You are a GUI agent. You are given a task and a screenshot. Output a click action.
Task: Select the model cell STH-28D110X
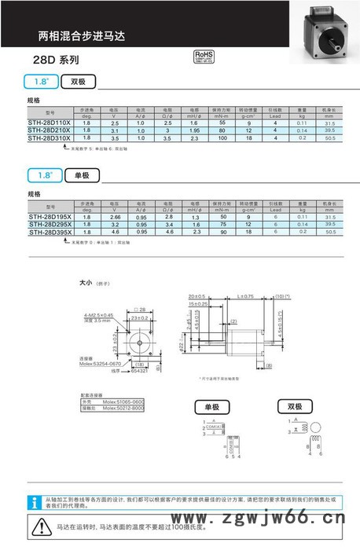coord(50,123)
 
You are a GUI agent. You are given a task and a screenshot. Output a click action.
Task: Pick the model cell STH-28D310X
coord(50,137)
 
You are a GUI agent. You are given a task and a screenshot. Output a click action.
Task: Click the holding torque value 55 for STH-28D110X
coord(222,123)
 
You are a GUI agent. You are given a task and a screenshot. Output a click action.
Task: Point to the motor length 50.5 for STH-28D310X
coord(329,137)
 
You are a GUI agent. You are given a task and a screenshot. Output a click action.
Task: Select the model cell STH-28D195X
coord(50,217)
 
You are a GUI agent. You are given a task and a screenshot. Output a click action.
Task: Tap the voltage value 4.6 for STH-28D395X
coord(115,232)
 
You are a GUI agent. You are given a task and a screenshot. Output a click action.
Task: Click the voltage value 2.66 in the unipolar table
coord(115,217)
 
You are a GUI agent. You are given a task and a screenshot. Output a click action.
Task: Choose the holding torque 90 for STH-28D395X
coord(222,232)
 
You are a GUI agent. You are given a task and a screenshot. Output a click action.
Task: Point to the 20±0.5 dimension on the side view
coord(198,296)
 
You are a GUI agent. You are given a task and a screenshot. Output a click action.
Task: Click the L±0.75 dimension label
coord(245,296)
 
